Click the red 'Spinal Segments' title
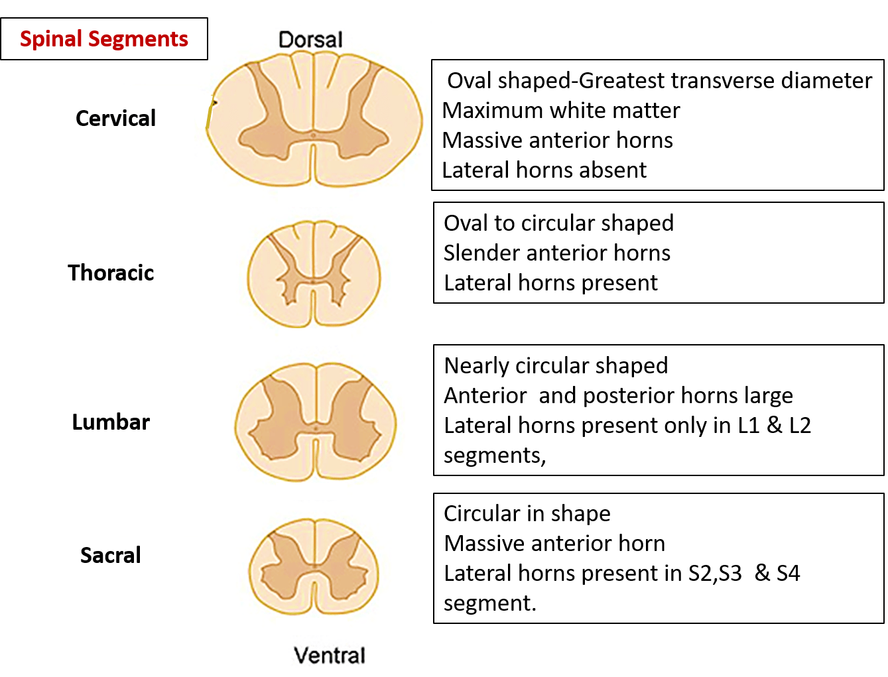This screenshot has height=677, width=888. tap(104, 39)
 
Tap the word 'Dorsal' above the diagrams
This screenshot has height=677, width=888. tap(310, 40)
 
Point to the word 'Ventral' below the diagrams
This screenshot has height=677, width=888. tap(330, 655)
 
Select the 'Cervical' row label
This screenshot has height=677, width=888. tap(115, 119)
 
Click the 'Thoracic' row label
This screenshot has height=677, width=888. tap(111, 273)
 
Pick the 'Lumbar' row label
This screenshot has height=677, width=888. tap(111, 422)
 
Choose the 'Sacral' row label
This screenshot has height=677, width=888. tap(110, 555)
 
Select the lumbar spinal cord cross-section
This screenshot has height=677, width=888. tap(316, 421)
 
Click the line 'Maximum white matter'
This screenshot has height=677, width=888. tap(561, 110)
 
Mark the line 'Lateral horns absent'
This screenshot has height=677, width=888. tap(544, 170)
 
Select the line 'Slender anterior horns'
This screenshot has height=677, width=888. tap(557, 253)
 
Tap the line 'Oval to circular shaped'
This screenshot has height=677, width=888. tap(558, 223)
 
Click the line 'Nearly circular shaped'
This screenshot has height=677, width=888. tap(556, 365)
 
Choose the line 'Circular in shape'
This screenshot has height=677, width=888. tap(527, 513)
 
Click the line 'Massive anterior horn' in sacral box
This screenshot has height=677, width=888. tap(554, 543)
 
